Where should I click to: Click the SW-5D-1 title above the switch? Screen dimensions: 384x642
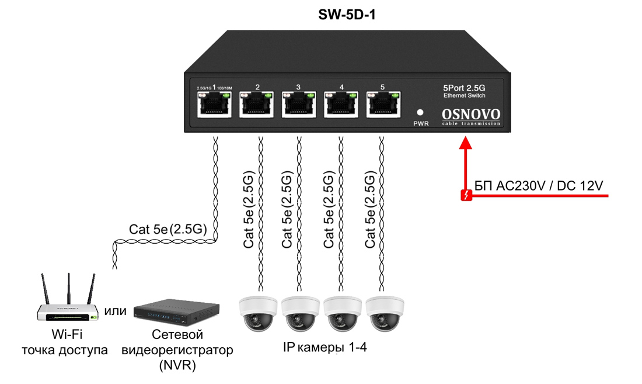point(347,15)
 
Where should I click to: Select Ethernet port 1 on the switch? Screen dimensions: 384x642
point(215,106)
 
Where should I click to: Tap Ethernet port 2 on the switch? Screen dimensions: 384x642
point(257,106)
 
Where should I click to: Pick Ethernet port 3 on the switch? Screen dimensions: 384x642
point(299,106)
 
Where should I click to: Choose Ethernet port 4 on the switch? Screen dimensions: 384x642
point(341,106)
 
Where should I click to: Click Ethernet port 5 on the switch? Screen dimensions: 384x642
point(383,106)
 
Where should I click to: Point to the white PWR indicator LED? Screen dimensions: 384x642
point(420,112)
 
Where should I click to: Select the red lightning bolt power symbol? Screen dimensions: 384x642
point(466,196)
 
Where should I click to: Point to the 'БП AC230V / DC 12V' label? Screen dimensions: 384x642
point(539,186)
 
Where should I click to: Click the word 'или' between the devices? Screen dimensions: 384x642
point(116,311)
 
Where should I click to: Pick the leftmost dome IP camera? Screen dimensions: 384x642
point(258,313)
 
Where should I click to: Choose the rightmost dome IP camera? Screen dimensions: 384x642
point(385,313)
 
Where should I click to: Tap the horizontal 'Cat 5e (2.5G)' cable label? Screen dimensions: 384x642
point(168,230)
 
